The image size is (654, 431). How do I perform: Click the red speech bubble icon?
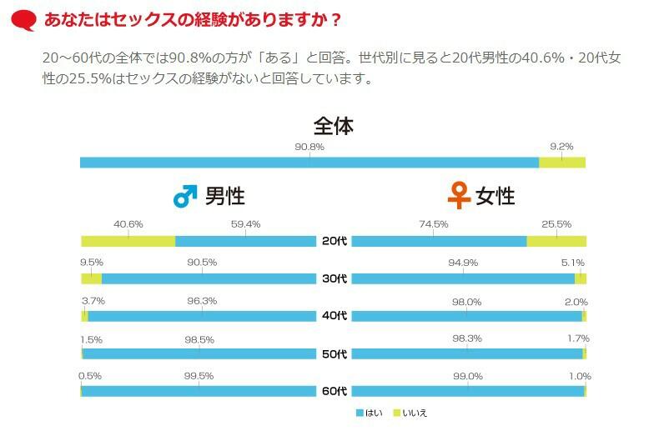pyautogui.click(x=26, y=20)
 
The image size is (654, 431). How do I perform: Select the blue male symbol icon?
pyautogui.click(x=184, y=197)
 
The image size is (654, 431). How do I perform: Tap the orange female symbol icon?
pyautogui.click(x=459, y=196)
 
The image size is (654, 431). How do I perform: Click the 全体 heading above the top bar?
pyautogui.click(x=334, y=127)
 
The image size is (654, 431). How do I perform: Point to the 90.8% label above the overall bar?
pyautogui.click(x=309, y=147)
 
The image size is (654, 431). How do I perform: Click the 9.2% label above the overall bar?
pyautogui.click(x=561, y=147)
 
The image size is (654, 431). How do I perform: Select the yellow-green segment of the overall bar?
pyautogui.click(x=561, y=163)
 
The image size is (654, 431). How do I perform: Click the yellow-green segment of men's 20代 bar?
pyautogui.click(x=128, y=241)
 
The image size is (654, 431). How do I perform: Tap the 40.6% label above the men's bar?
pyautogui.click(x=128, y=224)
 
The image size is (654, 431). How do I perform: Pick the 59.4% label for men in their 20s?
pyautogui.click(x=245, y=224)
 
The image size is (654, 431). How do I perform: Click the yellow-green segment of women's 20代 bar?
pyautogui.click(x=556, y=241)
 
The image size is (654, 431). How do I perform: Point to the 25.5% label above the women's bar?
pyautogui.click(x=556, y=224)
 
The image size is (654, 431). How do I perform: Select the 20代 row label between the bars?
pyautogui.click(x=335, y=241)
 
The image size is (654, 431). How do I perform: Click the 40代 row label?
pyautogui.click(x=335, y=316)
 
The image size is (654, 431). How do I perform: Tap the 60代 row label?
pyautogui.click(x=335, y=391)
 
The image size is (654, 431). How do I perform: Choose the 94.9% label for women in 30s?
pyautogui.click(x=463, y=263)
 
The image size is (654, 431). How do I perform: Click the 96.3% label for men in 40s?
pyautogui.click(x=202, y=301)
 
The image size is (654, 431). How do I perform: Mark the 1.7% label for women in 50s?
pyautogui.click(x=579, y=338)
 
